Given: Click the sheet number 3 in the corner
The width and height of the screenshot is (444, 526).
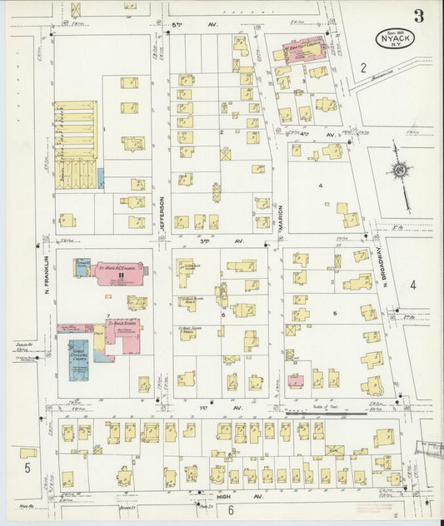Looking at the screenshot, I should point(417,15).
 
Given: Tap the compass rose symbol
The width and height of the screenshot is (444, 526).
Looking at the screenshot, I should point(401,172).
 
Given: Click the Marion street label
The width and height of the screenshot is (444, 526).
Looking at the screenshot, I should point(281,215).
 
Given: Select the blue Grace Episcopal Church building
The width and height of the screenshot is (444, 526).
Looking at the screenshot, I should point(78,360).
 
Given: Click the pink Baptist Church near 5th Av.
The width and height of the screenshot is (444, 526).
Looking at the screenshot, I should point(304,50).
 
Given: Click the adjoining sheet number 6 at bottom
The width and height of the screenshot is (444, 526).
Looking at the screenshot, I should point(230,510).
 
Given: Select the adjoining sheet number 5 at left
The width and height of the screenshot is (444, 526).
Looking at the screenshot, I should point(27,469).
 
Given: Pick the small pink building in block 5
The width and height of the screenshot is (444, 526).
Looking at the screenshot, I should point(296,380).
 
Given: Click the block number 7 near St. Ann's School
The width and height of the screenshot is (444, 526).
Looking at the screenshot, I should point(107,317).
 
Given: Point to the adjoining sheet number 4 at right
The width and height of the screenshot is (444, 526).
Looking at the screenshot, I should point(412,285).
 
